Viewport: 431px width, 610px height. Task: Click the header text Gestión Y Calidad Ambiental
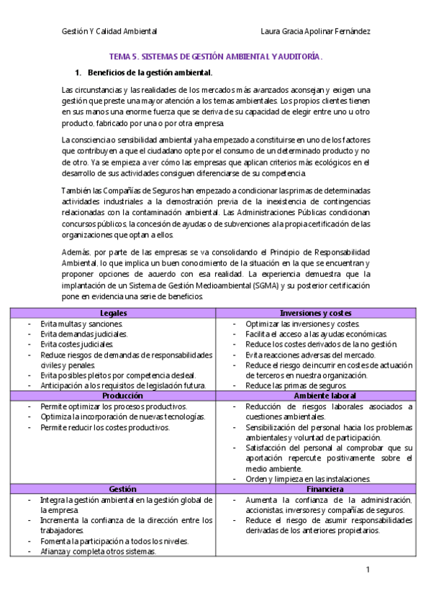[109, 32]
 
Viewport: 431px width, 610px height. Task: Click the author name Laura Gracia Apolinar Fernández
[316, 32]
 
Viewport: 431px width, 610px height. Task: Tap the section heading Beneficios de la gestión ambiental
[149, 73]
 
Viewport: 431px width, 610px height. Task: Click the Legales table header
[112, 313]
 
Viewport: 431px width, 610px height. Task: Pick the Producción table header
[112, 396]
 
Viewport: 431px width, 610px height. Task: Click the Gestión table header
[112, 489]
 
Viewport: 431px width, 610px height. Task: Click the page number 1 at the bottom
[368, 570]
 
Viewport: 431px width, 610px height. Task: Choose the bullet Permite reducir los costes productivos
[105, 427]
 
